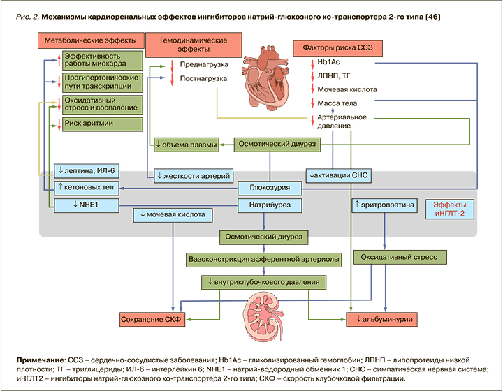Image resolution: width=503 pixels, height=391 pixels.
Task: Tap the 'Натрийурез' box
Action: [265, 205]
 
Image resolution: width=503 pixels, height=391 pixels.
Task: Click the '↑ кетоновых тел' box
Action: [86, 187]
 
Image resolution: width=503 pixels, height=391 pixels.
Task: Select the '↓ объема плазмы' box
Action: [186, 145]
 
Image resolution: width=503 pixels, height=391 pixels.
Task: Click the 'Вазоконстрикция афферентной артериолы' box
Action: [263, 259]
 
